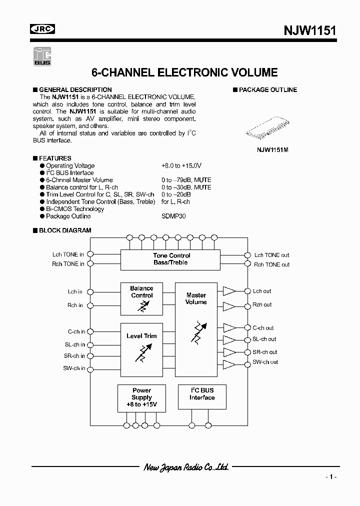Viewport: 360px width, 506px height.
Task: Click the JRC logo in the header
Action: (x=42, y=30)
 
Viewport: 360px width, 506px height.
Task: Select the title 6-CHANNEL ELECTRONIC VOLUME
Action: (x=185, y=72)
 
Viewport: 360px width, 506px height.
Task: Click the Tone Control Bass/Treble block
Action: (x=170, y=259)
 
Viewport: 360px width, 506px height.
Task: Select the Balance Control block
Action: (x=141, y=298)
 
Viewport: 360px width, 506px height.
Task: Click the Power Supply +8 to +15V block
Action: (x=141, y=398)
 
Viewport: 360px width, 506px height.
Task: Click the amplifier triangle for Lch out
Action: (x=229, y=291)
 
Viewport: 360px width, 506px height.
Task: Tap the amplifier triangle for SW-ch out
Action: (x=229, y=362)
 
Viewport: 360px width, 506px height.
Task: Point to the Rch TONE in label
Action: (x=68, y=264)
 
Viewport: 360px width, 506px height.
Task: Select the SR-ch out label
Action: (x=264, y=352)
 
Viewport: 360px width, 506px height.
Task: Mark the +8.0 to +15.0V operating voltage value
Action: (x=181, y=165)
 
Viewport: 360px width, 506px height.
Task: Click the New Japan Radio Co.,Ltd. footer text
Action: (x=186, y=467)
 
